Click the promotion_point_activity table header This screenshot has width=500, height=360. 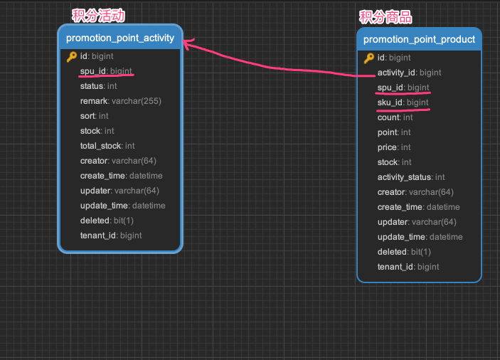(120, 38)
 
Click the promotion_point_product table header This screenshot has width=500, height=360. (419, 39)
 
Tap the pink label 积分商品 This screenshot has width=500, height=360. (385, 17)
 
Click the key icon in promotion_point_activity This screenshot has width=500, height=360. (72, 56)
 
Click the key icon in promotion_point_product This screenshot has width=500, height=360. (369, 58)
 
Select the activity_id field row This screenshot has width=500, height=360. (409, 73)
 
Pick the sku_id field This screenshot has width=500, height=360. (403, 102)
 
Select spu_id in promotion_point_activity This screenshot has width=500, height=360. (106, 71)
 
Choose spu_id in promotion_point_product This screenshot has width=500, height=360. (403, 88)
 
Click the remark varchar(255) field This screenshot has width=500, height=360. (120, 101)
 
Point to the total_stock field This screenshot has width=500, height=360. (107, 146)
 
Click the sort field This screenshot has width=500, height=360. (95, 116)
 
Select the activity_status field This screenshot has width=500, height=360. (411, 177)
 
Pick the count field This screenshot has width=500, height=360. (395, 117)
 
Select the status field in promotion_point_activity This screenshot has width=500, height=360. (99, 86)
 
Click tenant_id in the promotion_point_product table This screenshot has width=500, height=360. (408, 267)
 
